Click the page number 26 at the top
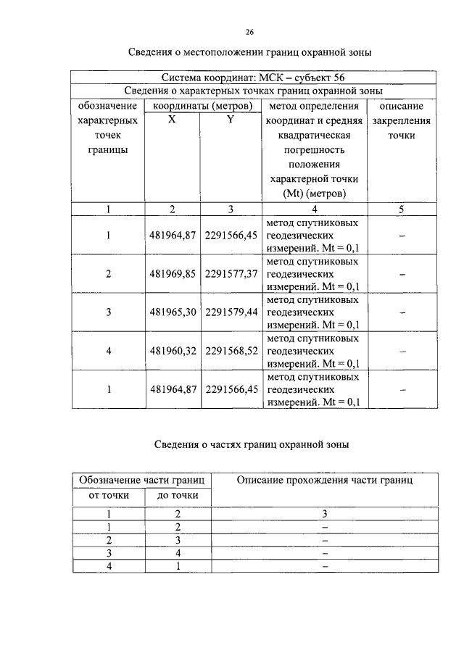(249, 33)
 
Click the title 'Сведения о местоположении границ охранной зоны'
(252, 53)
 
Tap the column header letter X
(172, 120)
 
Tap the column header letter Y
(231, 120)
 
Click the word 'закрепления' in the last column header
(401, 121)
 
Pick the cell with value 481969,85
(173, 275)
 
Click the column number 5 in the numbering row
(401, 209)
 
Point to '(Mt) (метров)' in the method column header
(313, 194)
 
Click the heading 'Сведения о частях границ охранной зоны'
(252, 445)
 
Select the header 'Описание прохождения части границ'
(325, 480)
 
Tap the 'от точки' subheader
(109, 496)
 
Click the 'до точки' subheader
(177, 496)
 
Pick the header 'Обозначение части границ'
(142, 480)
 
